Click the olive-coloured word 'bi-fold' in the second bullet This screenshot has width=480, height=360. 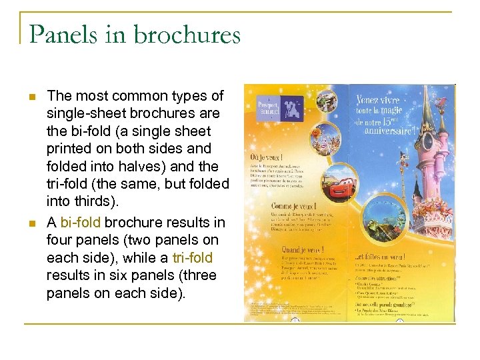click(x=81, y=222)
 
